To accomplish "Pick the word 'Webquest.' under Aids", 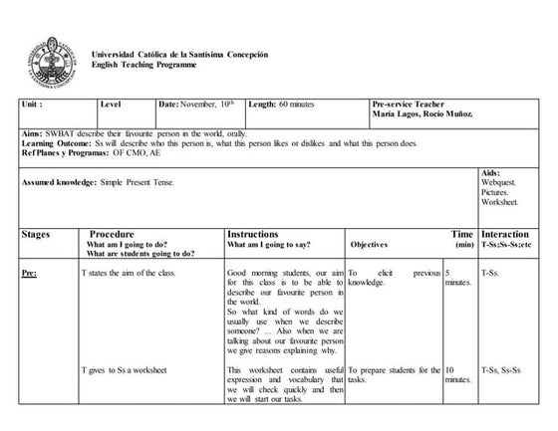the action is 499,183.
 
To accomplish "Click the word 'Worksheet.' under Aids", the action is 500,202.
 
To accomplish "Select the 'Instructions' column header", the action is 252,234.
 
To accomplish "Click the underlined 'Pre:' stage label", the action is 30,272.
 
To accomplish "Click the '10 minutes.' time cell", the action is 457,375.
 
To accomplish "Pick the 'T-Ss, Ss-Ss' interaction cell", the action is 503,370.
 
